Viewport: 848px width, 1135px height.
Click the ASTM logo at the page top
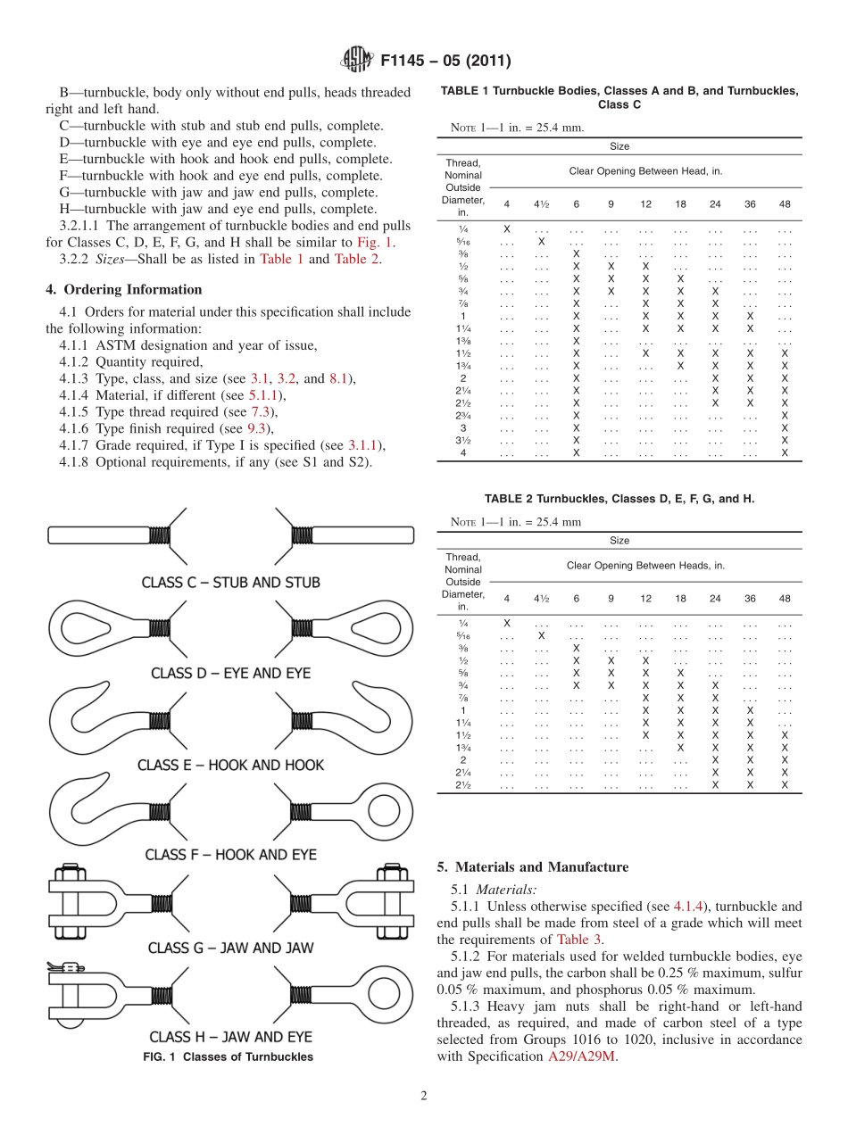point(358,61)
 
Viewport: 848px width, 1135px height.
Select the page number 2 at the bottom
point(424,1095)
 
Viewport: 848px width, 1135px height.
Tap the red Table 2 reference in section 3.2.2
point(357,259)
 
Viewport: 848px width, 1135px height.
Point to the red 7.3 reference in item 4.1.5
point(260,412)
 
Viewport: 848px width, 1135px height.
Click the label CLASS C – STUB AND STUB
point(230,583)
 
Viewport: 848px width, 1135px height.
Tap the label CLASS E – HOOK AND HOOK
point(230,766)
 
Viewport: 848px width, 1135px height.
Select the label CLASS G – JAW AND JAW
point(230,948)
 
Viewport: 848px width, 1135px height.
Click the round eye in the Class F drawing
point(387,810)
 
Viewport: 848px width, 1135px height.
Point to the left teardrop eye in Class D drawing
point(79,627)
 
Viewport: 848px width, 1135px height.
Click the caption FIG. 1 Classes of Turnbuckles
point(229,1056)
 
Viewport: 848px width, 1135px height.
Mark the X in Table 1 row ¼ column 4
point(507,229)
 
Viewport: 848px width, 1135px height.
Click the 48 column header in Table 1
point(785,204)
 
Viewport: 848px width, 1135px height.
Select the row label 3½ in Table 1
point(462,440)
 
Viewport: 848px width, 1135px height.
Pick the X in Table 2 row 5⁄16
point(541,635)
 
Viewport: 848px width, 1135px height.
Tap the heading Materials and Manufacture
point(533,867)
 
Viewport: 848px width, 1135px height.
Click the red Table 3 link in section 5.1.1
point(579,940)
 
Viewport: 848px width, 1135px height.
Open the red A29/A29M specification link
point(582,1056)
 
